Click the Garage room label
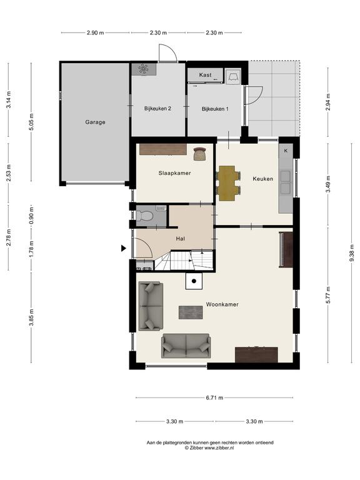(x=95, y=122)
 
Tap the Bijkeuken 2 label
(x=157, y=109)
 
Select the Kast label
(x=205, y=75)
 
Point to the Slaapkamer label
(x=174, y=173)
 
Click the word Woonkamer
(x=222, y=304)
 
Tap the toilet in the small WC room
(x=144, y=216)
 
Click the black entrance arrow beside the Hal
(x=123, y=248)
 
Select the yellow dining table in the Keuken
(x=227, y=183)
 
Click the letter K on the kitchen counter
(x=286, y=151)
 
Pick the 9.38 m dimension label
(x=351, y=256)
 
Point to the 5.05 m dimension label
(x=31, y=122)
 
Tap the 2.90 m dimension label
(x=95, y=32)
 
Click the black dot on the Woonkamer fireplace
(x=194, y=281)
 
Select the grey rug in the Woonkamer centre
(x=191, y=312)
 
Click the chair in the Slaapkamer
(x=199, y=154)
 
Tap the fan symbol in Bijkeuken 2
(x=143, y=69)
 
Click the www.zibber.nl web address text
(x=219, y=447)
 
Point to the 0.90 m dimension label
(x=31, y=216)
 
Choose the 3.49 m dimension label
(x=328, y=184)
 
